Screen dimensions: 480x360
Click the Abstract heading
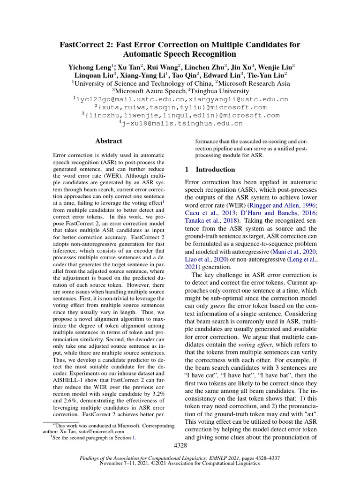pyautogui.click(x=108, y=141)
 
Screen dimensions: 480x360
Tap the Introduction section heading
pyautogui.click(x=215, y=169)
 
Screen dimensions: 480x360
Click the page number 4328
pyautogui.click(x=180, y=444)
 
